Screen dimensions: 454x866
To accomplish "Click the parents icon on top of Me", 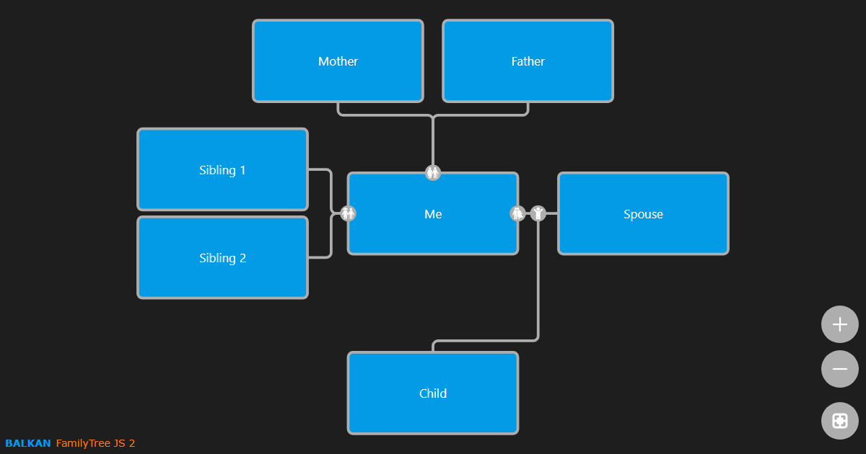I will (433, 173).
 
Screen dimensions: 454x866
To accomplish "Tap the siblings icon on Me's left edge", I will (348, 213).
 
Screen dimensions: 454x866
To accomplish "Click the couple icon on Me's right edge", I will (517, 213).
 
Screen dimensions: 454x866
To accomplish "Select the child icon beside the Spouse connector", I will (538, 213).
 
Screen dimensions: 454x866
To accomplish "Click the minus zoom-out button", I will (839, 369).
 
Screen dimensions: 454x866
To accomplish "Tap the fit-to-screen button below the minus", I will (839, 421).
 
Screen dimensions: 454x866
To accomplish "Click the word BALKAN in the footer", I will (28, 443).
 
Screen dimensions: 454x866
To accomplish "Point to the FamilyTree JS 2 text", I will (95, 443).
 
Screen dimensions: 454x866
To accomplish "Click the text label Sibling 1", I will (222, 170).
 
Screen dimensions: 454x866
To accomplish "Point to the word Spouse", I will (643, 214).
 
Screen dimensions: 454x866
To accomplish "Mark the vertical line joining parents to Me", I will (433, 141).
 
